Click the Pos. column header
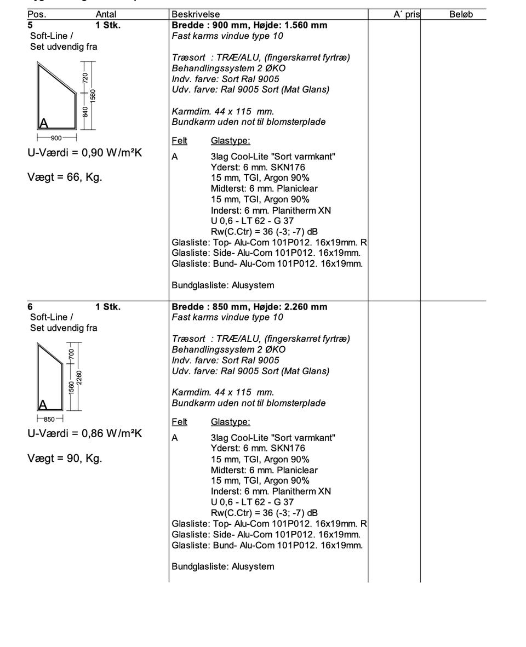[37, 15]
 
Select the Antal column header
[106, 15]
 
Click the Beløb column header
[461, 15]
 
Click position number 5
[31, 25]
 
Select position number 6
[31, 307]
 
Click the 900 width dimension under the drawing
[56, 138]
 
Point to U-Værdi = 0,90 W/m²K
[84, 153]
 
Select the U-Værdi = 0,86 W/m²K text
[84, 434]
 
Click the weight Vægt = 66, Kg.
[65, 178]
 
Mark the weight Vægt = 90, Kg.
[65, 459]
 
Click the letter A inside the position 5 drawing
[43, 123]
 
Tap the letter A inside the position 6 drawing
[42, 405]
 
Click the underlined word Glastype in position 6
[230, 422]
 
